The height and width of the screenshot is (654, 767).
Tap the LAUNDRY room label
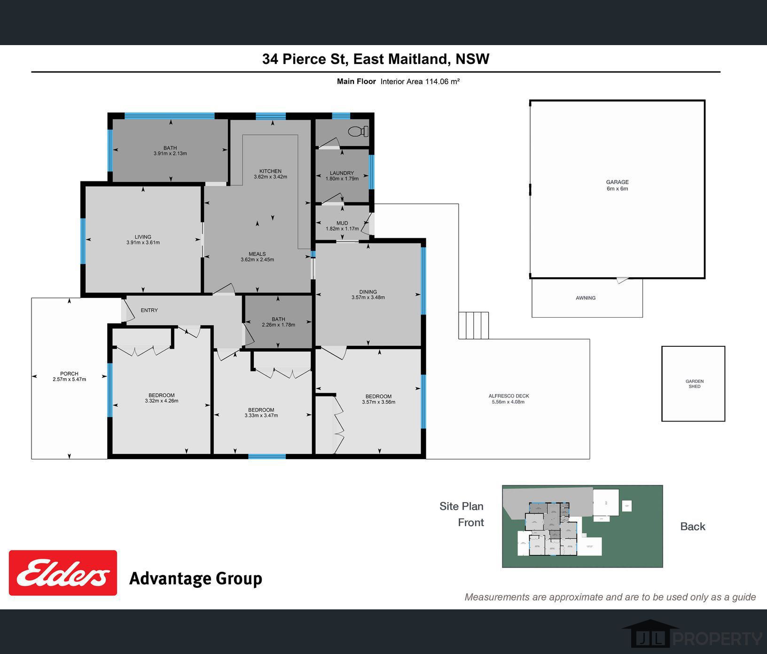click(342, 176)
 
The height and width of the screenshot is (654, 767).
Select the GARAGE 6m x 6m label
click(617, 185)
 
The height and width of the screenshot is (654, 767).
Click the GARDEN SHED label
click(694, 384)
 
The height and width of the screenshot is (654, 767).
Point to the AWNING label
click(586, 298)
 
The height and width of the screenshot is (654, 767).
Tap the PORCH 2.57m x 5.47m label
click(69, 376)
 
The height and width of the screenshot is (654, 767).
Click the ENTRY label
click(149, 310)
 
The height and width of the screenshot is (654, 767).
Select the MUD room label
click(342, 226)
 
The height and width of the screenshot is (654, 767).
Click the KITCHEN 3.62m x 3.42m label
click(270, 174)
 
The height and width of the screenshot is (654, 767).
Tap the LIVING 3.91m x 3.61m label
click(143, 240)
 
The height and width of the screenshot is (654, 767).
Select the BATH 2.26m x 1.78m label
click(278, 322)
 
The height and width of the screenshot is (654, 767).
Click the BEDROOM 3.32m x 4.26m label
click(161, 398)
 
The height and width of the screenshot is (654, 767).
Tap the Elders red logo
click(63, 573)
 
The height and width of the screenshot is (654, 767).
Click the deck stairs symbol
click(474, 325)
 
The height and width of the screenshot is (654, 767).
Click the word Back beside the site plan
click(692, 526)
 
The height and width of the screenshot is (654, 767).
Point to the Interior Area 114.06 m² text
click(420, 81)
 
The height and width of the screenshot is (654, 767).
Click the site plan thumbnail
click(582, 526)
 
